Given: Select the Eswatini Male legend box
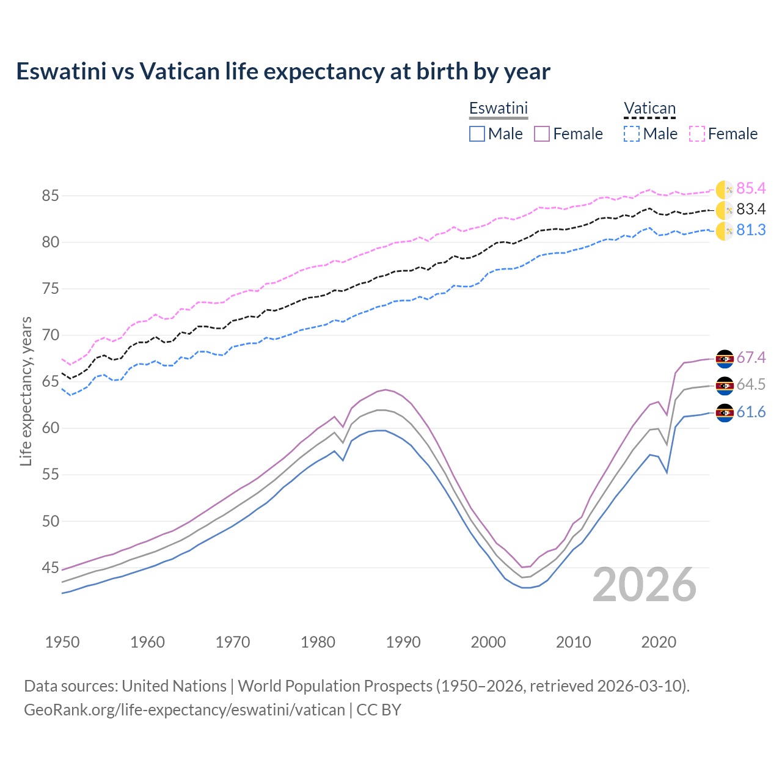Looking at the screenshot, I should pyautogui.click(x=477, y=134).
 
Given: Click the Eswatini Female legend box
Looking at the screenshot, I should pyautogui.click(x=542, y=134).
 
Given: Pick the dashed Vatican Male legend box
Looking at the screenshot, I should pyautogui.click(x=632, y=134).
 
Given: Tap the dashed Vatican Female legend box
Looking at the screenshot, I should pyautogui.click(x=697, y=134).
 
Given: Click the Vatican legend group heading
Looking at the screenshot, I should pyautogui.click(x=649, y=109).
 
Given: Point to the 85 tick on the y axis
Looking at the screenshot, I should pyautogui.click(x=51, y=196).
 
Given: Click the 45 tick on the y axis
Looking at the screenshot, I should pyautogui.click(x=51, y=568).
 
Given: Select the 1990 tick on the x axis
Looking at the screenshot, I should pyautogui.click(x=403, y=642).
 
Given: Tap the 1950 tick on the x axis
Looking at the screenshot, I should pyautogui.click(x=62, y=642).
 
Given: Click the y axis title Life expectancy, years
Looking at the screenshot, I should pyautogui.click(x=26, y=391).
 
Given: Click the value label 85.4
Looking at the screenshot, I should pyautogui.click(x=751, y=188).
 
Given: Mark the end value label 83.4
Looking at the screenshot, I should pyautogui.click(x=751, y=210).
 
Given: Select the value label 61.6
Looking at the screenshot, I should pyautogui.click(x=751, y=412).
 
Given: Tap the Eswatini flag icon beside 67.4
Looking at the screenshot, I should pyautogui.click(x=725, y=359).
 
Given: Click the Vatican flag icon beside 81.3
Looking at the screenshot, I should pyautogui.click(x=725, y=231).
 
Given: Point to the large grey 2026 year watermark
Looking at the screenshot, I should pyautogui.click(x=645, y=585).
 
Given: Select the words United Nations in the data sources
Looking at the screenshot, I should pyautogui.click(x=174, y=686).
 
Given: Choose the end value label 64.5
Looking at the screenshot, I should pyautogui.click(x=751, y=385).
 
